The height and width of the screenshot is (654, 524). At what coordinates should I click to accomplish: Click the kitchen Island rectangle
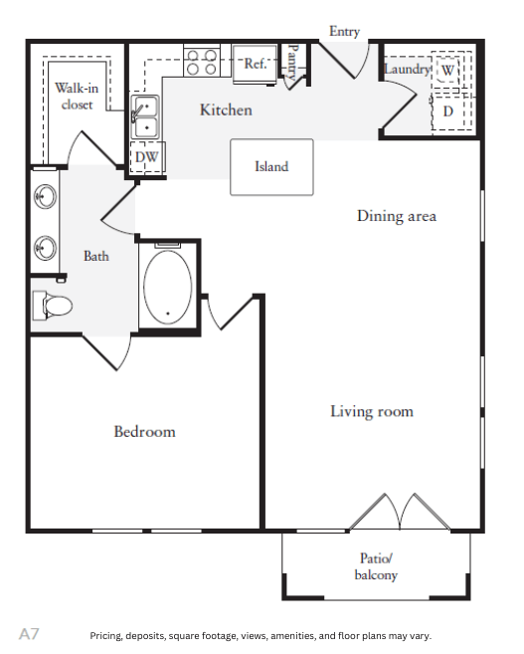271,167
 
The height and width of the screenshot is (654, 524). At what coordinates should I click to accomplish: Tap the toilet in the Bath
52,306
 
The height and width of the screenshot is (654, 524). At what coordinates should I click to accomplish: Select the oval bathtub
167,287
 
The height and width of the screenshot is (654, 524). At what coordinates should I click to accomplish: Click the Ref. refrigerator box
255,65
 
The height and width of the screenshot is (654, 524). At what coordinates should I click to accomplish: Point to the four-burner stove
202,62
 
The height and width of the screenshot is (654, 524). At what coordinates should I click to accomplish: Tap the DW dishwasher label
146,157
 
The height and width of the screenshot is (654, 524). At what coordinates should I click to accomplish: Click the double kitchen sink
144,116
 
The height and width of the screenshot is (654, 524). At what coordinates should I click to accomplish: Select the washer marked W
447,70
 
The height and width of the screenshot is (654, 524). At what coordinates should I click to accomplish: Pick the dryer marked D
448,110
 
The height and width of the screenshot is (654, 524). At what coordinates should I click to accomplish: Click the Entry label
344,31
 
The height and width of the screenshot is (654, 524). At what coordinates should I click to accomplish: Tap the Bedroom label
144,431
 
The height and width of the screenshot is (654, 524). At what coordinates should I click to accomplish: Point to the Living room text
372,412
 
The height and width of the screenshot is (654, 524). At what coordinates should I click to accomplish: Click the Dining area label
397,216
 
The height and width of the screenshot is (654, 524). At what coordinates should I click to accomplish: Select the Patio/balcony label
376,566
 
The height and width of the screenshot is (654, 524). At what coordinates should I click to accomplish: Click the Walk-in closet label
77,96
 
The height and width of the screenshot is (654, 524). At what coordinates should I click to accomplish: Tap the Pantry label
293,62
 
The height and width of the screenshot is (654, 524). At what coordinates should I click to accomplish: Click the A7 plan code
29,634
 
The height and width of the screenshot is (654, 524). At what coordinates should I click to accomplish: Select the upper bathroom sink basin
45,196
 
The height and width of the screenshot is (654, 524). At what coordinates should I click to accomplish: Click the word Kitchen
226,109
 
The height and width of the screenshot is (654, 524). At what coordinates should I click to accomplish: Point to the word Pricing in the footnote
105,636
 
